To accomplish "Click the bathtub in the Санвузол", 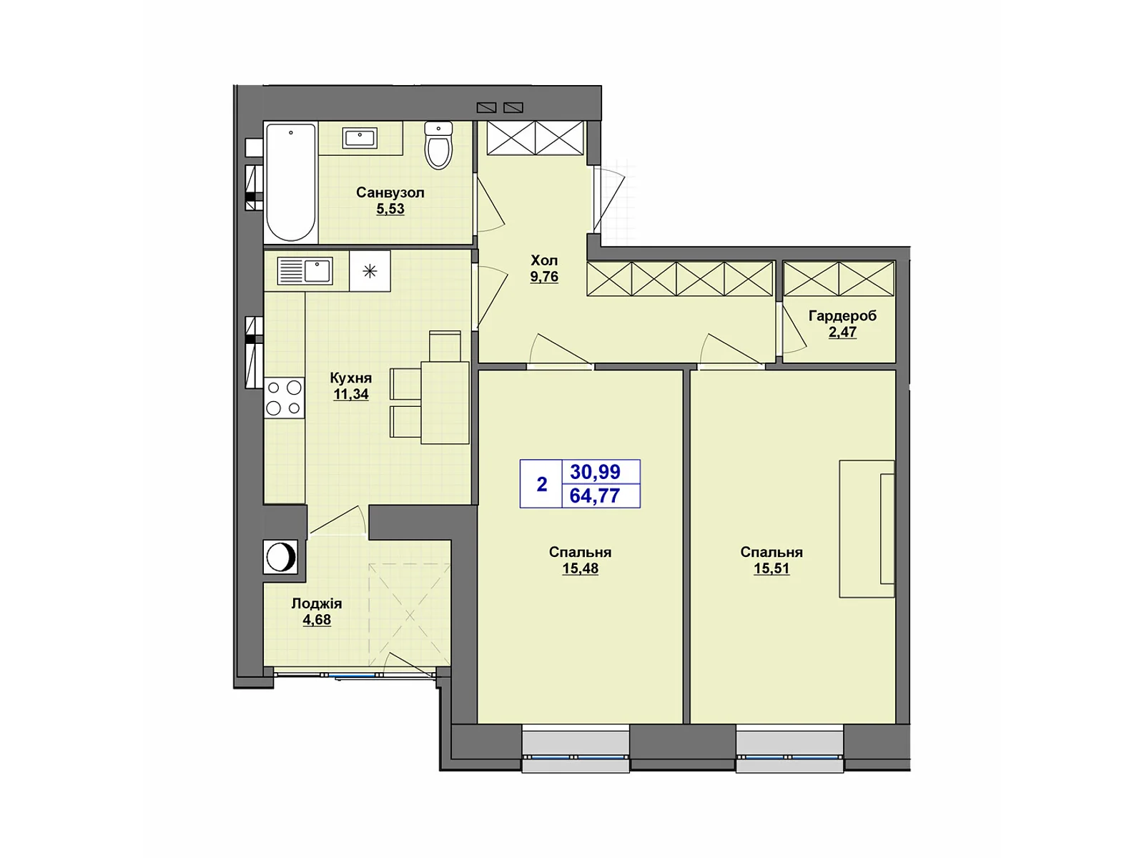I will click(x=290, y=182).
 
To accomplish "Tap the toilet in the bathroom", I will click(x=438, y=146).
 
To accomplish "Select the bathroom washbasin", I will click(x=360, y=138).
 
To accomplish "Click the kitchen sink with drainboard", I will click(x=305, y=272).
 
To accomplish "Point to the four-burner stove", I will click(x=284, y=398).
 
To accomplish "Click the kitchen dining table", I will click(x=445, y=403).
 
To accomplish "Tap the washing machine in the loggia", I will click(x=280, y=556).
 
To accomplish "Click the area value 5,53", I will click(x=390, y=209).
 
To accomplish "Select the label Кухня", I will click(x=350, y=378).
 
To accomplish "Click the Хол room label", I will click(x=544, y=260).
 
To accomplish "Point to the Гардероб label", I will click(x=842, y=315).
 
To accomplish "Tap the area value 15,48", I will click(x=580, y=568).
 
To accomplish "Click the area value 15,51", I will click(x=771, y=568).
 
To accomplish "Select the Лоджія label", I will click(x=317, y=603).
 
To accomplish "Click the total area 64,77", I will click(x=595, y=495).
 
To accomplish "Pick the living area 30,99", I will click(x=595, y=472).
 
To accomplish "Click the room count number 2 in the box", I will click(x=542, y=484).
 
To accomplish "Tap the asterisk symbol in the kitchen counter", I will click(x=370, y=271).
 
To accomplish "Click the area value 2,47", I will click(x=842, y=332).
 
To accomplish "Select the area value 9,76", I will click(x=544, y=277).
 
